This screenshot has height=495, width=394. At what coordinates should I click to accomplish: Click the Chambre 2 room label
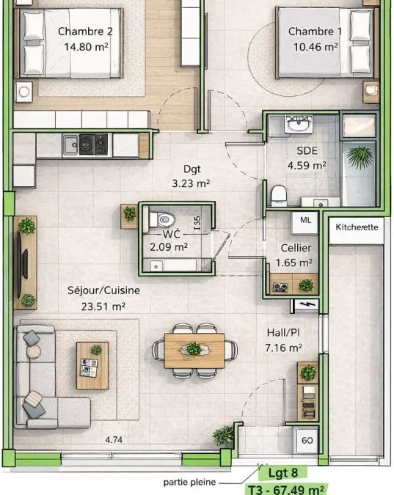pyautogui.click(x=85, y=32)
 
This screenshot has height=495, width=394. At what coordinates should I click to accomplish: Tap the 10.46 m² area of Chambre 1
pyautogui.click(x=315, y=47)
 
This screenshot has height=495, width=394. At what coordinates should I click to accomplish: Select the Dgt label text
pyautogui.click(x=192, y=169)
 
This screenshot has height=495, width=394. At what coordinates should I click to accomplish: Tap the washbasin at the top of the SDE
pyautogui.click(x=299, y=125)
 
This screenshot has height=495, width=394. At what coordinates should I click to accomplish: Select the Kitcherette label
pyautogui.click(x=357, y=227)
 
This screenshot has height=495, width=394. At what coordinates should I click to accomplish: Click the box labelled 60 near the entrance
pyautogui.click(x=307, y=441)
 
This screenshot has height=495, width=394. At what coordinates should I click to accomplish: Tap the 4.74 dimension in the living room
pyautogui.click(x=114, y=439)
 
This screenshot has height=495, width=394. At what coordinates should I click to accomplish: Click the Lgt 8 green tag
pyautogui.click(x=282, y=473)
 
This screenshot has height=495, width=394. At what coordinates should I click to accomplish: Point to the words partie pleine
pyautogui.click(x=189, y=482)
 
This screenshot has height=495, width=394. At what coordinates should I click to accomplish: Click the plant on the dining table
pyautogui.click(x=194, y=349)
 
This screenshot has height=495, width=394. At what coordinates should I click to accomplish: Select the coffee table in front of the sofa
pyautogui.click(x=92, y=366)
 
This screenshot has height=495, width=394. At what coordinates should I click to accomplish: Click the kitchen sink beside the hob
pyautogui.click(x=70, y=144)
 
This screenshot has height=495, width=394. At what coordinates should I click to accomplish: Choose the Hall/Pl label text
pyautogui.click(x=283, y=332)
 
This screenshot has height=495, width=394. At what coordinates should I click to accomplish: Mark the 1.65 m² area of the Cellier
pyautogui.click(x=293, y=263)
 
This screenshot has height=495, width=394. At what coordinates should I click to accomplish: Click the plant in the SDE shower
pyautogui.click(x=360, y=157)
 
